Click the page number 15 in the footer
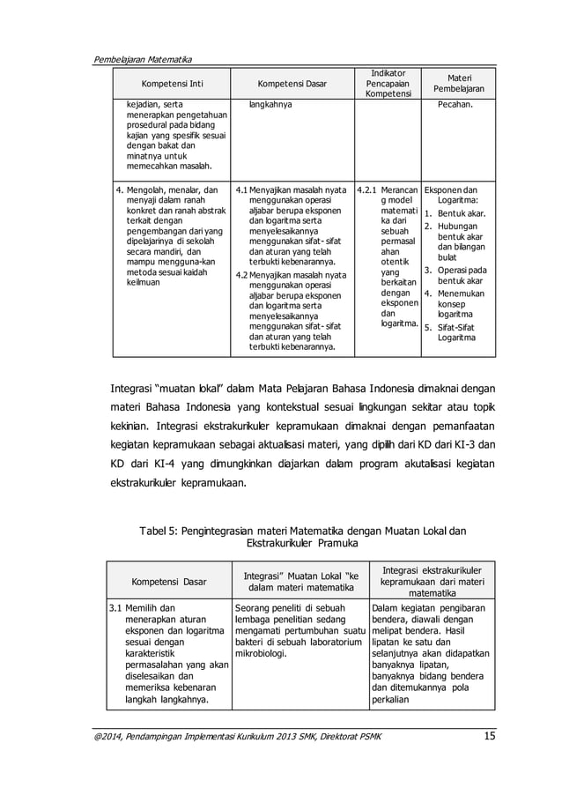[x=490, y=736]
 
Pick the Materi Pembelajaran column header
[x=454, y=85]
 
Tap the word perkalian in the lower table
[x=393, y=700]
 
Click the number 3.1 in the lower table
[x=115, y=608]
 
